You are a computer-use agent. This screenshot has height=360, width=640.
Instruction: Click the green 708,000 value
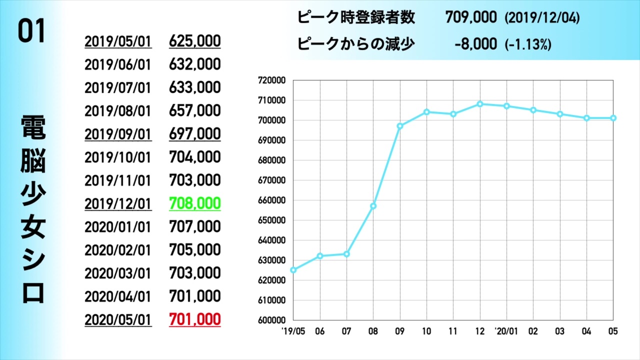pos(195,203)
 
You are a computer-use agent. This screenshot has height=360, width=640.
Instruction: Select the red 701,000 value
pos(195,319)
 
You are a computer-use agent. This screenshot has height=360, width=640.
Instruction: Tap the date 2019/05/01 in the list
pos(118,41)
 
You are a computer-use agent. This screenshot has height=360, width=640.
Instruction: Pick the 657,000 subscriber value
pos(195,111)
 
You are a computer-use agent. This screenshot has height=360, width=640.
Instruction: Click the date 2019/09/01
pos(118,134)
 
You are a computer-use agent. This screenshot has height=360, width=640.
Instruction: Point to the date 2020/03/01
pos(118,273)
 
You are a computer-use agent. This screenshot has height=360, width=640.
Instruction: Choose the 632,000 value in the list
pos(195,64)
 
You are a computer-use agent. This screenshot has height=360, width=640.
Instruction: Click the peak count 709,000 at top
pos(471,18)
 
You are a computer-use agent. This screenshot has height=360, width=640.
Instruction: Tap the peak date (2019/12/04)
pos(542,18)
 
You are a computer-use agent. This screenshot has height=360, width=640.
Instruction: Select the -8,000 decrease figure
pos(476,44)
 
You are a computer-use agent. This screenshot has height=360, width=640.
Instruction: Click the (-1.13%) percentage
pos(528,44)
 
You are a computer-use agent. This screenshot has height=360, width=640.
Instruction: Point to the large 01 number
pos(32,32)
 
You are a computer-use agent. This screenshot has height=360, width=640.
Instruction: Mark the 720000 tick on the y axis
pos(271,80)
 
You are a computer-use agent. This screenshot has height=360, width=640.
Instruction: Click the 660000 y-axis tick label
pos(271,200)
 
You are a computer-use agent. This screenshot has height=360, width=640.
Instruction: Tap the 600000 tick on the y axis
pos(271,320)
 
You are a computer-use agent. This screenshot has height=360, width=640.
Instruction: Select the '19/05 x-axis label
pos(292,331)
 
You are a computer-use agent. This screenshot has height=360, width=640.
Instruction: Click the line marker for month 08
pos(373,206)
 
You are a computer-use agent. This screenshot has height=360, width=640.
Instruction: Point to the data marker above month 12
pos(479,104)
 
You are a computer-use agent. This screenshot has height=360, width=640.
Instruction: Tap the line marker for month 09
pos(399,126)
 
